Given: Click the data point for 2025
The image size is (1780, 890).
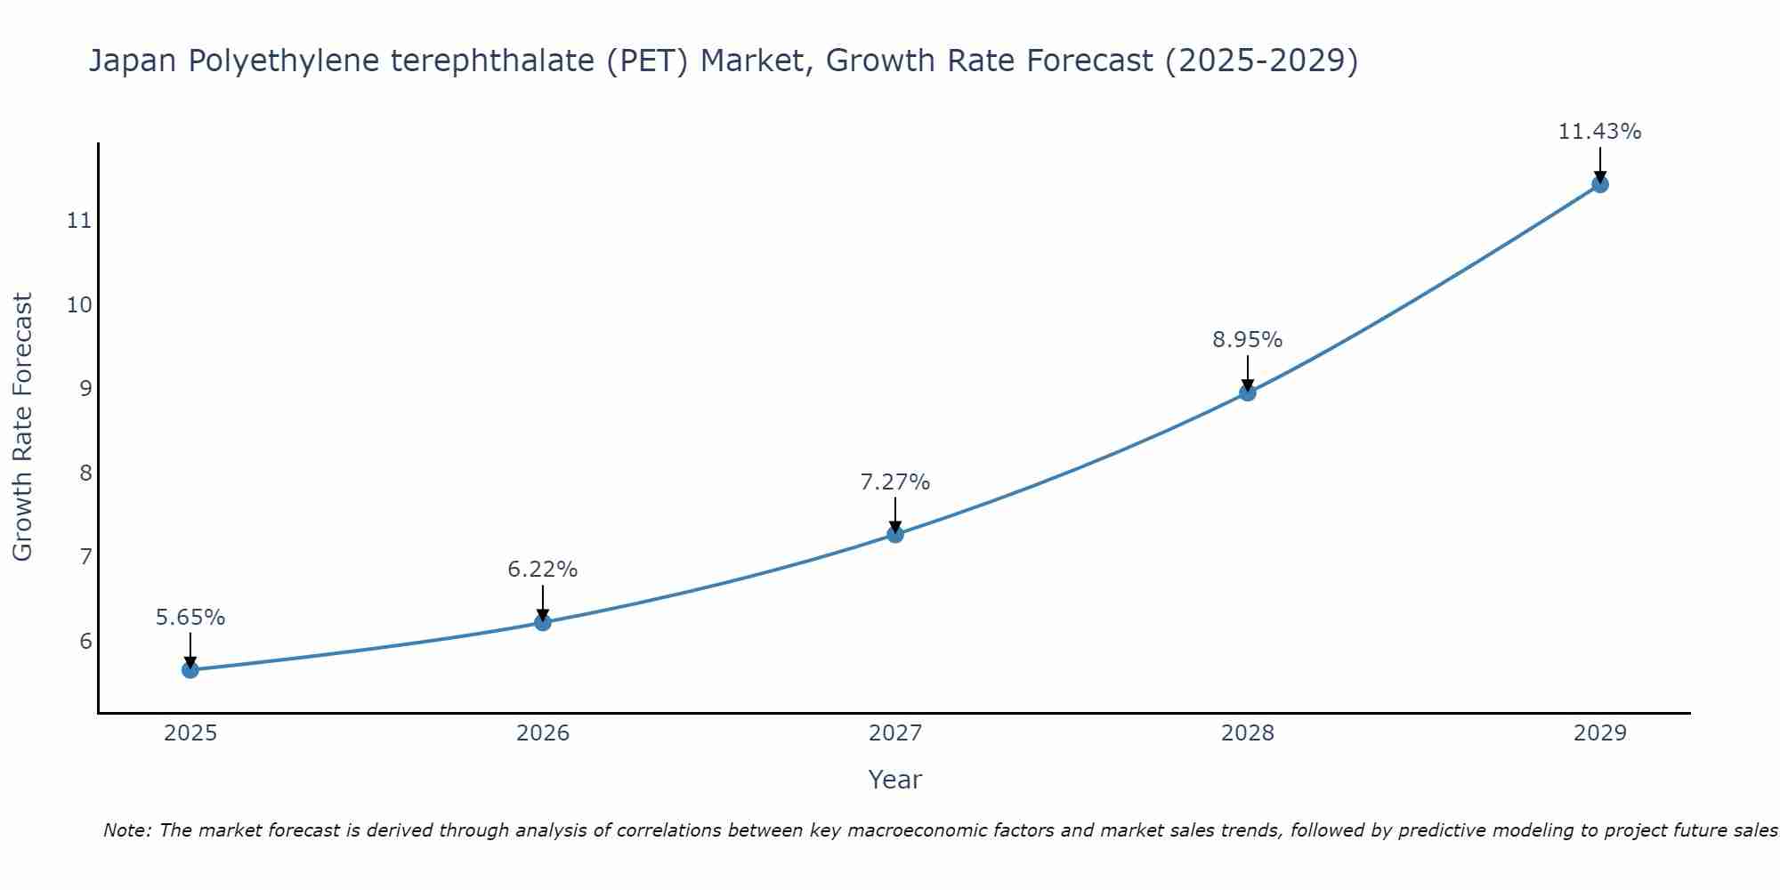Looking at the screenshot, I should tap(190, 669).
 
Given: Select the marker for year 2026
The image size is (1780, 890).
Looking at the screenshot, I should tap(543, 622).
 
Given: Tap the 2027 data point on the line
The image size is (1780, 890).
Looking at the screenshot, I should tap(895, 534).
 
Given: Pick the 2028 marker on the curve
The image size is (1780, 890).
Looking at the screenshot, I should tap(1248, 392).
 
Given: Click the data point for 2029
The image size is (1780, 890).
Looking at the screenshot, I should tap(1600, 184).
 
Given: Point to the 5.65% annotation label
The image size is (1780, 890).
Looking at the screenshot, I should tap(190, 617).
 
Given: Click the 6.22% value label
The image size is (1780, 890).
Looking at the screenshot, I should tap(543, 569).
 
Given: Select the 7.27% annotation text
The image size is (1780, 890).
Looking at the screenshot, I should tap(895, 481).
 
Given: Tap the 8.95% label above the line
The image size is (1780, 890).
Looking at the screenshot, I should tap(1248, 339).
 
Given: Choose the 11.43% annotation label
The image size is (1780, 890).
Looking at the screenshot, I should tap(1600, 131).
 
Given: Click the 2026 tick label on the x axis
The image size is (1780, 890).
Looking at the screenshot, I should tap(543, 733).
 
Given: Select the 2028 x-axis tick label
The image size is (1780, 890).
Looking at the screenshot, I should tap(1248, 733).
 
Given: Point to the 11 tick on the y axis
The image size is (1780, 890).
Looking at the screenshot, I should tap(79, 220).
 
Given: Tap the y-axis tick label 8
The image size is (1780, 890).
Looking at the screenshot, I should tap(85, 473).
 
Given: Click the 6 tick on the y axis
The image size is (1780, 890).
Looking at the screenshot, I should tap(85, 641).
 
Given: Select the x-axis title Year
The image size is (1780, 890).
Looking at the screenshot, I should tap(895, 780).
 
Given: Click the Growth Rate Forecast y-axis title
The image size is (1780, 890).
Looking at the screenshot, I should tap(23, 427).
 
